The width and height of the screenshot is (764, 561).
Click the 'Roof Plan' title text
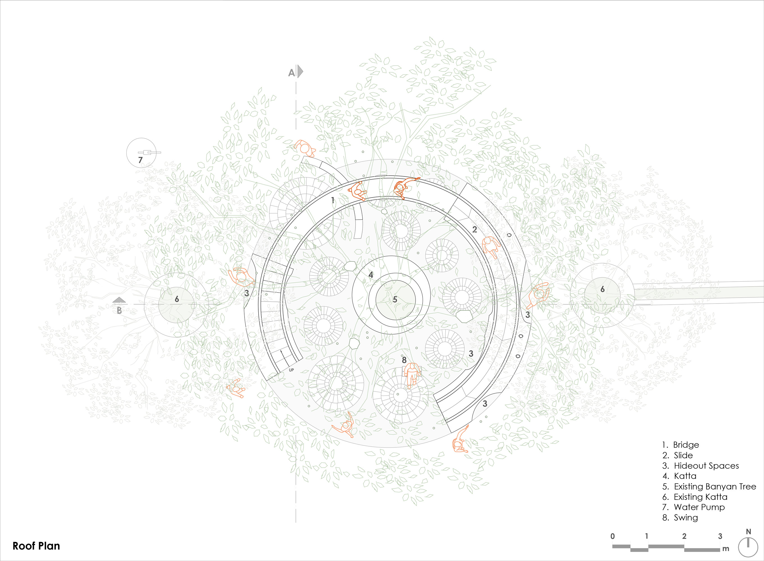pyautogui.click(x=37, y=546)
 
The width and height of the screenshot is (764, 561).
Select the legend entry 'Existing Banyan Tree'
pyautogui.click(x=710, y=487)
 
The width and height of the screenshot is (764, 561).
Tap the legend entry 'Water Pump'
pyautogui.click(x=694, y=507)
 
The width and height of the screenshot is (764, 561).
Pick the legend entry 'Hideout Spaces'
pyautogui.click(x=701, y=466)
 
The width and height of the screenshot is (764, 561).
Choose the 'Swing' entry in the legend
pyautogui.click(x=680, y=518)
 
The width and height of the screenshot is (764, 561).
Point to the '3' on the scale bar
pyautogui.click(x=720, y=536)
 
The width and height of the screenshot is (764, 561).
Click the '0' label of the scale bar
pyautogui.click(x=612, y=536)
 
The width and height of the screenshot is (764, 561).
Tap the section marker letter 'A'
pyautogui.click(x=291, y=73)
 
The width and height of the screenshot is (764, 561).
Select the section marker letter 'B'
pyautogui.click(x=119, y=311)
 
